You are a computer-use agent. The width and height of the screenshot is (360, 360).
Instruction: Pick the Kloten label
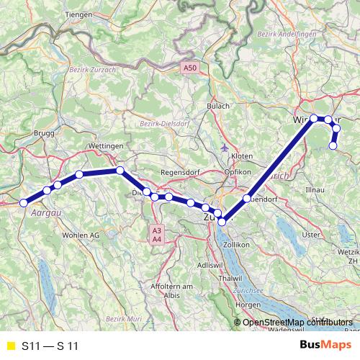coord(242,156)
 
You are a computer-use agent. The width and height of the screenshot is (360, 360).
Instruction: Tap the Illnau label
coord(316,189)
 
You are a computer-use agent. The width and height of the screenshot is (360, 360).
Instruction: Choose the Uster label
coord(310,235)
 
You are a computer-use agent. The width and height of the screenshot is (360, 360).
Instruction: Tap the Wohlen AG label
coord(81,235)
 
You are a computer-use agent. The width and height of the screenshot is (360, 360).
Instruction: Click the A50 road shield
coord(189,68)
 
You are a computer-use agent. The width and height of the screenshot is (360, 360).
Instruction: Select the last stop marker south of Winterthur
coord(333,145)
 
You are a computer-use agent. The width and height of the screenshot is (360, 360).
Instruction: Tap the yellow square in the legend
coord(9,346)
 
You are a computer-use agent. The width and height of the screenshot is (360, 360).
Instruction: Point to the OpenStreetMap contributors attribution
coord(297,322)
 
